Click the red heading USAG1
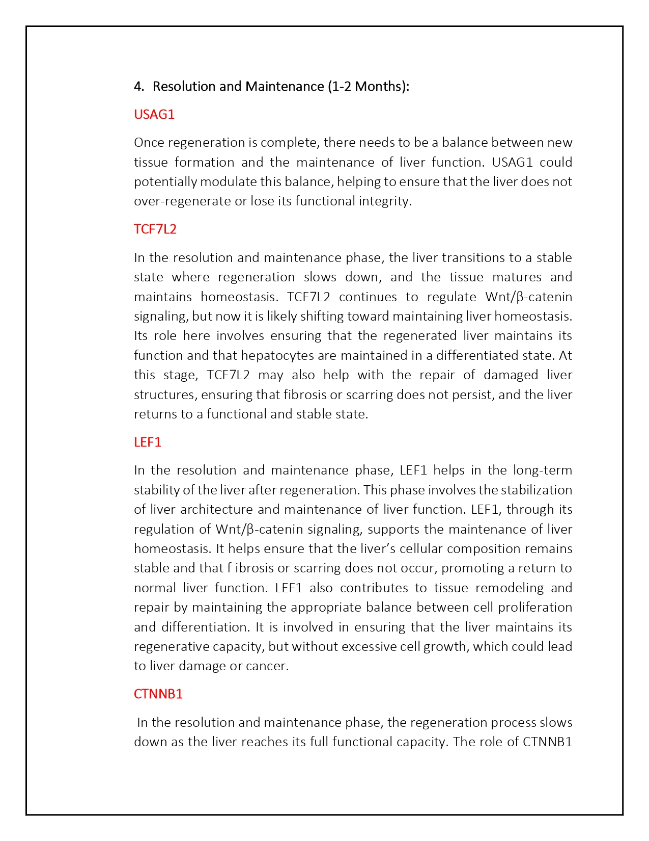tap(154, 114)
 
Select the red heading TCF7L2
tap(155, 229)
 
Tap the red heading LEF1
tap(148, 442)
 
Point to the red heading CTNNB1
tap(158, 694)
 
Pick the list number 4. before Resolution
tap(139, 86)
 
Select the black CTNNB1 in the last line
tap(548, 742)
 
